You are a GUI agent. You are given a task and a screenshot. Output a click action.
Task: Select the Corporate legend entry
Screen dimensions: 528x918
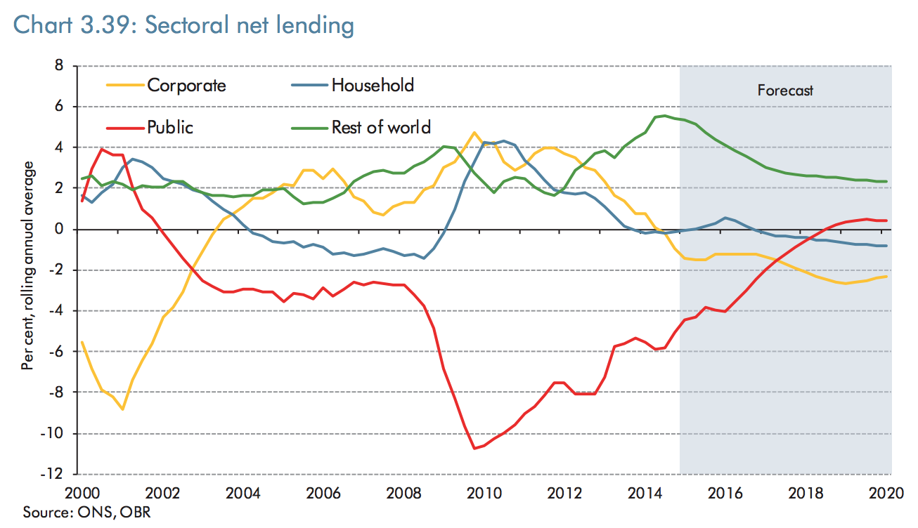coord(186,86)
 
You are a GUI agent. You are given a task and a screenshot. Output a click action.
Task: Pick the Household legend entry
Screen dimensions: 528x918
coord(373,86)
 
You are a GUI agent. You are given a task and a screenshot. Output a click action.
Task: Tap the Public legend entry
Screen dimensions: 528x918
coord(170,127)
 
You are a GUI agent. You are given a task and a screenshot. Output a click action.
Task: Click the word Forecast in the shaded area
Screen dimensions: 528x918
coord(785,90)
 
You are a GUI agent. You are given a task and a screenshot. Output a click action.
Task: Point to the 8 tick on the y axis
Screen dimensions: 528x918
coord(59,66)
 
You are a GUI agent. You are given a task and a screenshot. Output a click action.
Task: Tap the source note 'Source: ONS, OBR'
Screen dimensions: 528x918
coord(87,512)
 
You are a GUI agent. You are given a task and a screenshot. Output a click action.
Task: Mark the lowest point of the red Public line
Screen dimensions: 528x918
coord(474,448)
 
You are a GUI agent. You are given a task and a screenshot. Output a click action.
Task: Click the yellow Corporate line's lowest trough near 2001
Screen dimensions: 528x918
coord(123,409)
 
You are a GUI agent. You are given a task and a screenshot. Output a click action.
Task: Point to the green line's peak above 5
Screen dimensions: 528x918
coord(665,116)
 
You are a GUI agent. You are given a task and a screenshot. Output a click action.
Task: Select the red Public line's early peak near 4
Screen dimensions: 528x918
coord(103,149)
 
